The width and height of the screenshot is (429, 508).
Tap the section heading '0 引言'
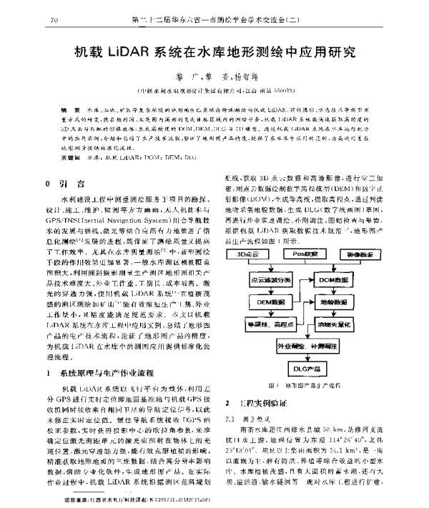64,163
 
